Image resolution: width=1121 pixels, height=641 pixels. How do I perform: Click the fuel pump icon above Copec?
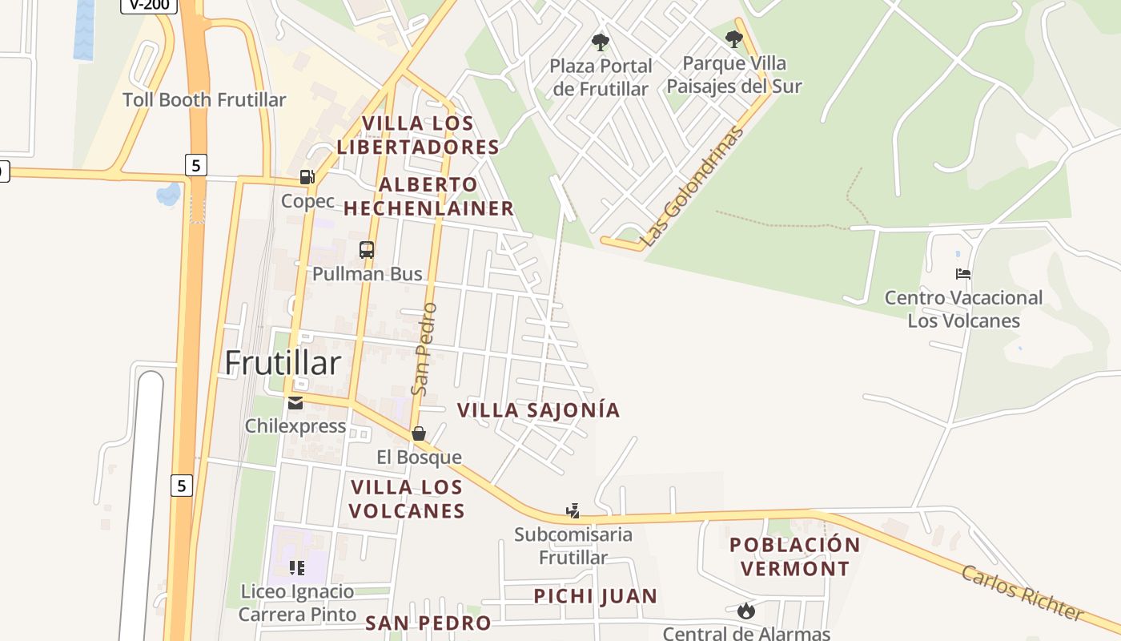(x=307, y=177)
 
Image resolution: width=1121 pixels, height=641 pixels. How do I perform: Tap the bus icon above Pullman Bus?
(x=367, y=250)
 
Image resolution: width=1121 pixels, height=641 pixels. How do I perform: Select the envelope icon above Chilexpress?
(x=295, y=402)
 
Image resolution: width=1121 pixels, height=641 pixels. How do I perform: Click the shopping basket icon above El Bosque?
(x=419, y=433)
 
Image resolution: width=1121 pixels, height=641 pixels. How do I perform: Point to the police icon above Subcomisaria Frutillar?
(x=573, y=510)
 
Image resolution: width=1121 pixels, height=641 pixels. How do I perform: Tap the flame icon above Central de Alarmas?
(x=746, y=611)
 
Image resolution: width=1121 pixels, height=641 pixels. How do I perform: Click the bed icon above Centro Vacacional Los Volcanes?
(x=963, y=274)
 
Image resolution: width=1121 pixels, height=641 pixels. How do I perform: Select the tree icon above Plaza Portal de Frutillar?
(x=601, y=42)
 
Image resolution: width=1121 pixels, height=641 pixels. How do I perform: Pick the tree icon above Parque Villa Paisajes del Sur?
(x=733, y=38)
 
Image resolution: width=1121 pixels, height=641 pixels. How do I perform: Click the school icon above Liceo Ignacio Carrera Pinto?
(x=297, y=568)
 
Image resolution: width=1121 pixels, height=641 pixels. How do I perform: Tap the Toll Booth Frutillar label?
(x=204, y=100)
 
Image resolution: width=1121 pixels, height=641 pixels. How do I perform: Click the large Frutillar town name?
(x=283, y=363)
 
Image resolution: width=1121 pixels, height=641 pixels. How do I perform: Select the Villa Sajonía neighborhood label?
(x=538, y=410)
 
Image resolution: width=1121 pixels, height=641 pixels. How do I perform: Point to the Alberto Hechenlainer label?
(x=428, y=196)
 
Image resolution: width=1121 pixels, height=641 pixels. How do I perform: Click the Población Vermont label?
(x=794, y=557)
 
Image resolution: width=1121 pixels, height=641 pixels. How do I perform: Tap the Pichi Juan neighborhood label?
(x=596, y=596)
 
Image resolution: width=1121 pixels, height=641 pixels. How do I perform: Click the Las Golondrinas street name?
(x=693, y=186)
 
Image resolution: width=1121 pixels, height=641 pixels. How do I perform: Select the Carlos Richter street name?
(x=1022, y=593)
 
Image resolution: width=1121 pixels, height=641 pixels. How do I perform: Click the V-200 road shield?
(x=149, y=5)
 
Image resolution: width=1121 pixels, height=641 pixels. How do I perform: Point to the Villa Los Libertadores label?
(x=418, y=135)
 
